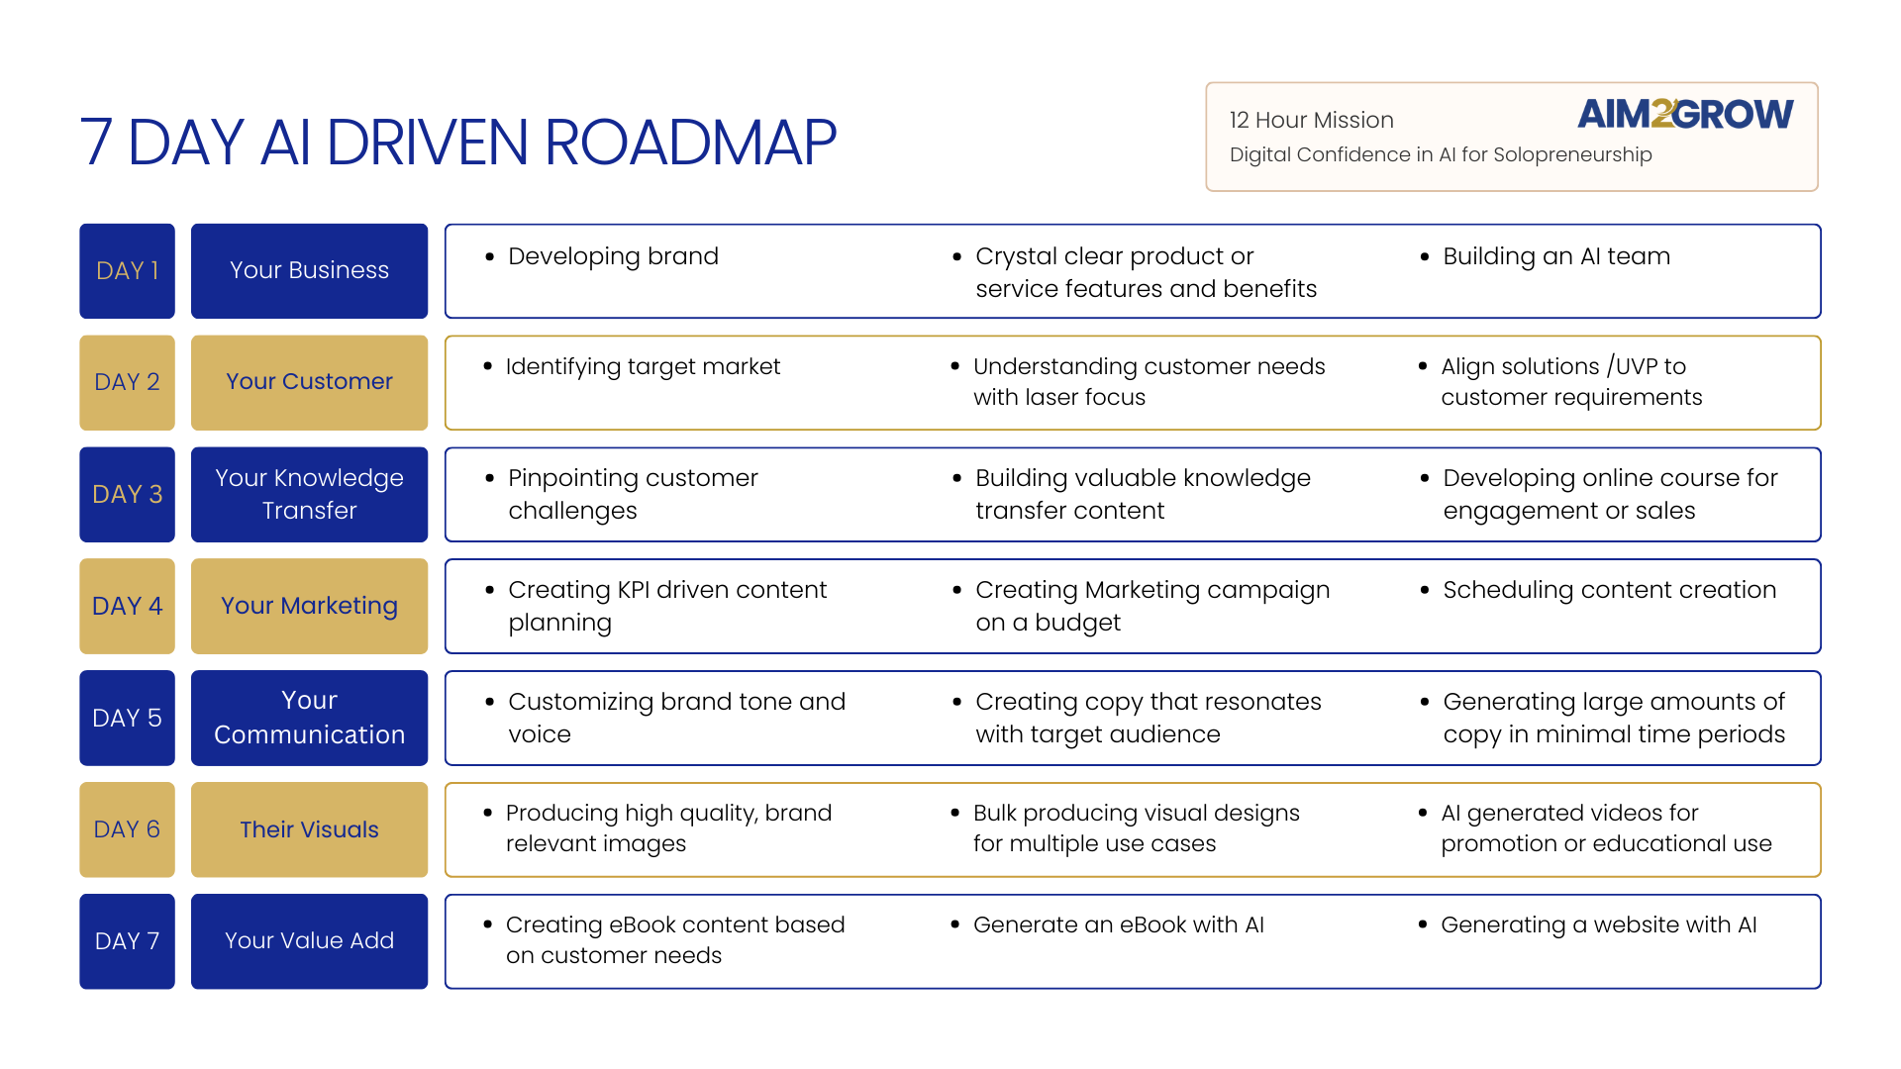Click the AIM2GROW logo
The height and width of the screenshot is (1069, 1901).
(1685, 114)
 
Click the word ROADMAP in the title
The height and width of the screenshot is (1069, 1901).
(690, 142)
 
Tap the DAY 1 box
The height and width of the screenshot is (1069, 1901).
(127, 271)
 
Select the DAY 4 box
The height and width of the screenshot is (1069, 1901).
(127, 606)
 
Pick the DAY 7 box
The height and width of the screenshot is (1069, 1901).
(127, 941)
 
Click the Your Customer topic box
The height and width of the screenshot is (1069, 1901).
(309, 382)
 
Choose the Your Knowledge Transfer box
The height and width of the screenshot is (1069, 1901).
(309, 494)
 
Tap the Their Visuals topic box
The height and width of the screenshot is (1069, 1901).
(309, 829)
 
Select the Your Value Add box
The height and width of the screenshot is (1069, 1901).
(309, 941)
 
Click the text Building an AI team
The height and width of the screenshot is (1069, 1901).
(1555, 256)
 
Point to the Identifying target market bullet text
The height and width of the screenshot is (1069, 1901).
(643, 366)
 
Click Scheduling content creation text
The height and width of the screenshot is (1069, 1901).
(1609, 590)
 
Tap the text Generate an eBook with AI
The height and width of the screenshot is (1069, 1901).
(1118, 924)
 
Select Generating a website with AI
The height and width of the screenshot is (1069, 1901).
(1598, 924)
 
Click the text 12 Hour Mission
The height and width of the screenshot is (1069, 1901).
(1311, 120)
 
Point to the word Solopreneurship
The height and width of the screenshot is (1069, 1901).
(1572, 154)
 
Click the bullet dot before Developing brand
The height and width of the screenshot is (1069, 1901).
(489, 256)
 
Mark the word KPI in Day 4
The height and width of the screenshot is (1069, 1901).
(633, 590)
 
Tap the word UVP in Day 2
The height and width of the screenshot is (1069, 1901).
(1636, 366)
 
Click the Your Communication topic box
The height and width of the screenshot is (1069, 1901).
(309, 718)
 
